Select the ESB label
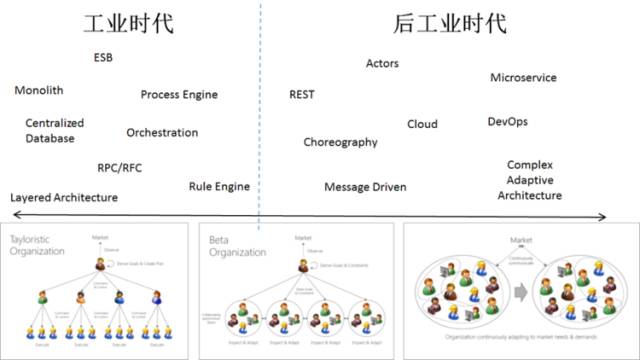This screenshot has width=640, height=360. pyautogui.click(x=103, y=57)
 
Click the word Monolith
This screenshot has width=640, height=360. pyautogui.click(x=39, y=90)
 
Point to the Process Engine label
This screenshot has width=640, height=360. pyautogui.click(x=179, y=95)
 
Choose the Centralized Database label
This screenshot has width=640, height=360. pyautogui.click(x=55, y=131)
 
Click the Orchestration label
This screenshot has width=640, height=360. pyautogui.click(x=162, y=133)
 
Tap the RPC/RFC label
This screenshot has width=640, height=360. pyautogui.click(x=120, y=167)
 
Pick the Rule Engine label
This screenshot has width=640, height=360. pyautogui.click(x=219, y=187)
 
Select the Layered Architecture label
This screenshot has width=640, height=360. pyautogui.click(x=64, y=198)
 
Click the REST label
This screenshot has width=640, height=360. pyautogui.click(x=302, y=95)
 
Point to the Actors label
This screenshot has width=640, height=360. pyautogui.click(x=382, y=64)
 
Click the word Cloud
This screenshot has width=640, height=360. pyautogui.click(x=422, y=125)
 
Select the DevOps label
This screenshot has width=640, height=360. pyautogui.click(x=507, y=122)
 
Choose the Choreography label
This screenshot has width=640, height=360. pyautogui.click(x=341, y=142)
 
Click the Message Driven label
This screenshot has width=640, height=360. pyautogui.click(x=365, y=187)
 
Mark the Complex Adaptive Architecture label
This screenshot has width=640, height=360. pyautogui.click(x=530, y=180)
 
